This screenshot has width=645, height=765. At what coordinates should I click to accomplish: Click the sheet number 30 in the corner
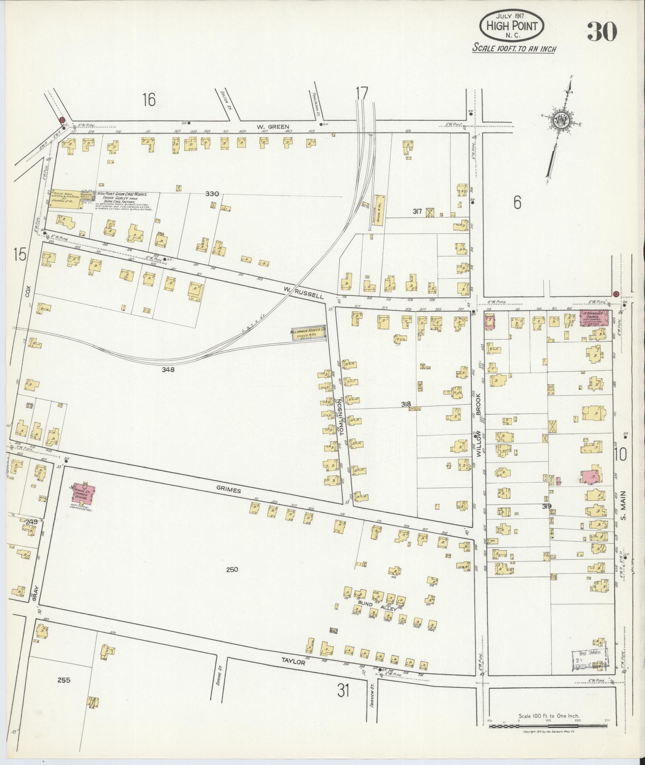[602, 31]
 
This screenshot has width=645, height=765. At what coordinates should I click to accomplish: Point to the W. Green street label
[273, 127]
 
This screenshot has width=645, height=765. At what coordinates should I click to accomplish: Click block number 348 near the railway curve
[168, 370]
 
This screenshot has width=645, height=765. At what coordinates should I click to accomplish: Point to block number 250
[232, 569]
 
